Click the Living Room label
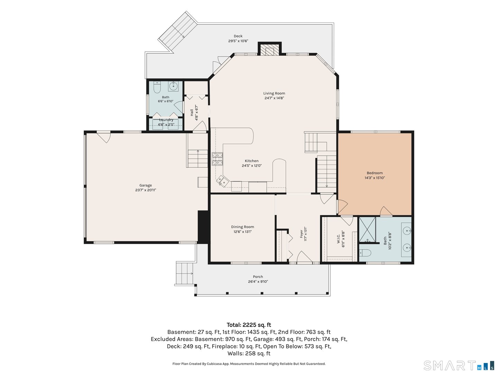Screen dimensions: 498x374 [x=274, y=93]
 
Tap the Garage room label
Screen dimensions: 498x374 [x=146, y=185]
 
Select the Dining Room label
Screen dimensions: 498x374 [x=242, y=226]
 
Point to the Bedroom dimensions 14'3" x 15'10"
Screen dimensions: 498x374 [x=375, y=178]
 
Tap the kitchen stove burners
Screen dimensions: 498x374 [x=217, y=159]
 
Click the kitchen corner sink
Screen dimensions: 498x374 [x=221, y=181]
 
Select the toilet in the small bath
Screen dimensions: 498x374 [x=157, y=88]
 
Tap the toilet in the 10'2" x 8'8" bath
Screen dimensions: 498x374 [x=365, y=252]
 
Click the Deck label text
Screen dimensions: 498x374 [x=238, y=36]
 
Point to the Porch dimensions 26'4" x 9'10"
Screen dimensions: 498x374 [x=258, y=282]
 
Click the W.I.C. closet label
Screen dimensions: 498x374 [x=338, y=239]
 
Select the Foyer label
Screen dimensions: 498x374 [x=301, y=234]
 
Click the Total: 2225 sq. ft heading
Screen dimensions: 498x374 [x=249, y=325]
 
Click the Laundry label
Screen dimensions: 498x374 [x=166, y=120]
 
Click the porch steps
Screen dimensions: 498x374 [x=185, y=274]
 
